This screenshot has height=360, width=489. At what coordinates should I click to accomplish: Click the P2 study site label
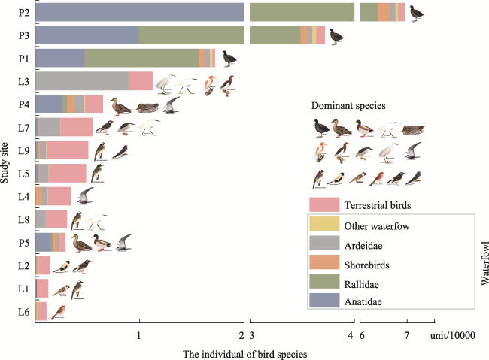point(24,12)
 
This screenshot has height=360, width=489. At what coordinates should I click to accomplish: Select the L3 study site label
point(24,81)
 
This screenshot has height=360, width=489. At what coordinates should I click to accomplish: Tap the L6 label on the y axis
point(24,312)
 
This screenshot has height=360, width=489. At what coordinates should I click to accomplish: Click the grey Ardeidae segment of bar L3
point(81,81)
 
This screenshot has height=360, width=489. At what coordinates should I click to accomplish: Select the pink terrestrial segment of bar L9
point(67,150)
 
